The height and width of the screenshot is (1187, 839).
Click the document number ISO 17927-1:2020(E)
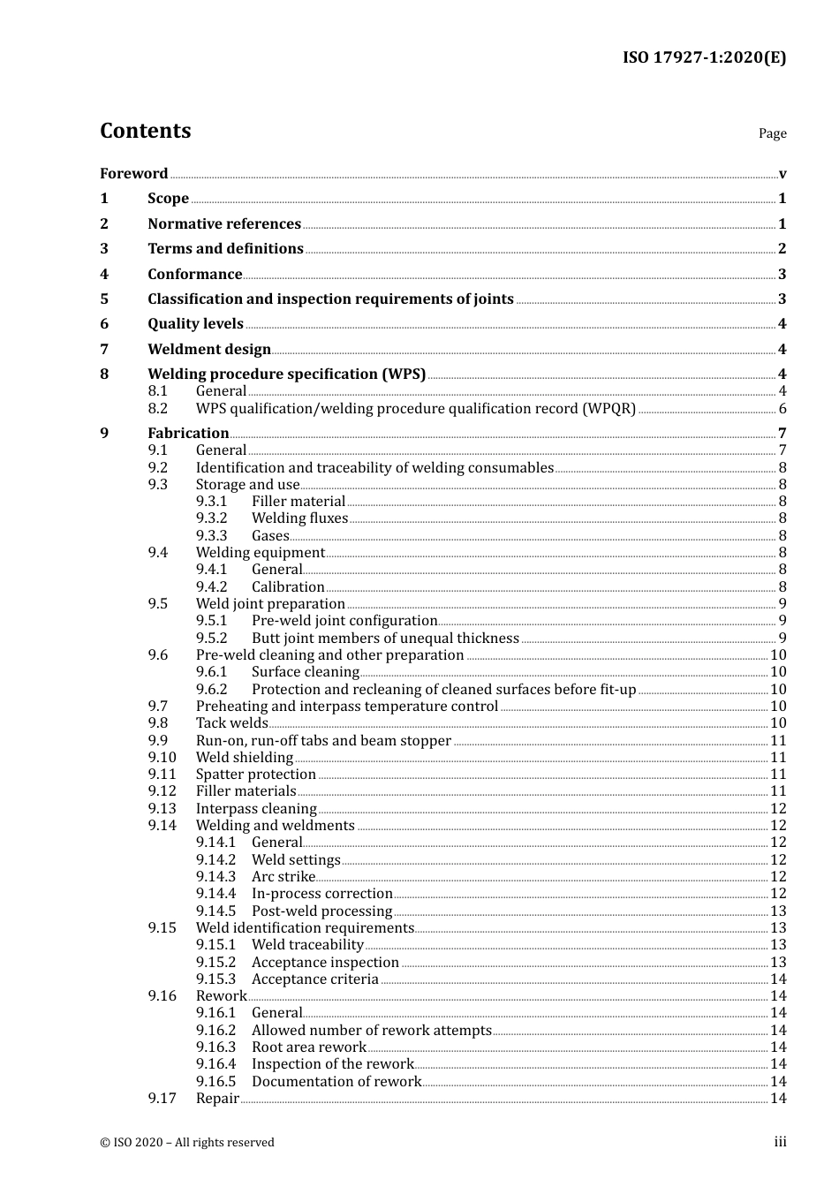[x=704, y=57]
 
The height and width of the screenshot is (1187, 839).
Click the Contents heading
[x=145, y=131]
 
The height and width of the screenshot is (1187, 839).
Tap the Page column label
[x=772, y=133]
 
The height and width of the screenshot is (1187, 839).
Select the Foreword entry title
[x=133, y=173]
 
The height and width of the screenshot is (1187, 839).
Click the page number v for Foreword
[x=782, y=174]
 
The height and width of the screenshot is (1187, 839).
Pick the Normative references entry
[x=224, y=223]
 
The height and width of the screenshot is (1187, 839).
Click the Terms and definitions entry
[x=225, y=248]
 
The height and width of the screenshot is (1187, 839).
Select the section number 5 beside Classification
[x=104, y=299]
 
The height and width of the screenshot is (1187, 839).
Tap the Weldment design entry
[x=209, y=349]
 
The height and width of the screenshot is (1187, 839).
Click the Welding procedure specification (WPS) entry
[x=286, y=374]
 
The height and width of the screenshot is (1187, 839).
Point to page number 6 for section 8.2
[x=782, y=409]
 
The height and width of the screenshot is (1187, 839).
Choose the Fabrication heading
[x=188, y=433]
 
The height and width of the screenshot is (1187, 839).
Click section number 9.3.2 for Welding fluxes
[x=211, y=518]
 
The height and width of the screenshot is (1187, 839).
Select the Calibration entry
[x=288, y=586]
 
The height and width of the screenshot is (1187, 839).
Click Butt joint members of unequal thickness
[x=385, y=638]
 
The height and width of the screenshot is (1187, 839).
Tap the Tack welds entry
[x=231, y=722]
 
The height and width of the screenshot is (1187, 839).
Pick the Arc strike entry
[x=283, y=876]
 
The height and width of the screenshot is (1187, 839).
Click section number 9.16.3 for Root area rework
[x=215, y=1047]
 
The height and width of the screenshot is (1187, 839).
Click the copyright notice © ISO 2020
[x=187, y=1142]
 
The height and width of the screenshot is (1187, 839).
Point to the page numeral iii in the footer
[x=780, y=1142]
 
